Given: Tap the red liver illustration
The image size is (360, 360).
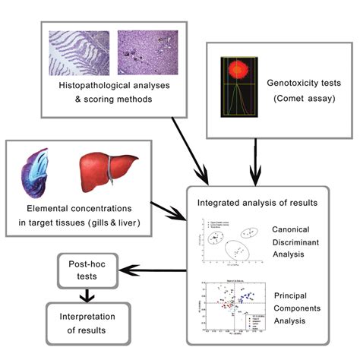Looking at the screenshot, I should tap(104, 171).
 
